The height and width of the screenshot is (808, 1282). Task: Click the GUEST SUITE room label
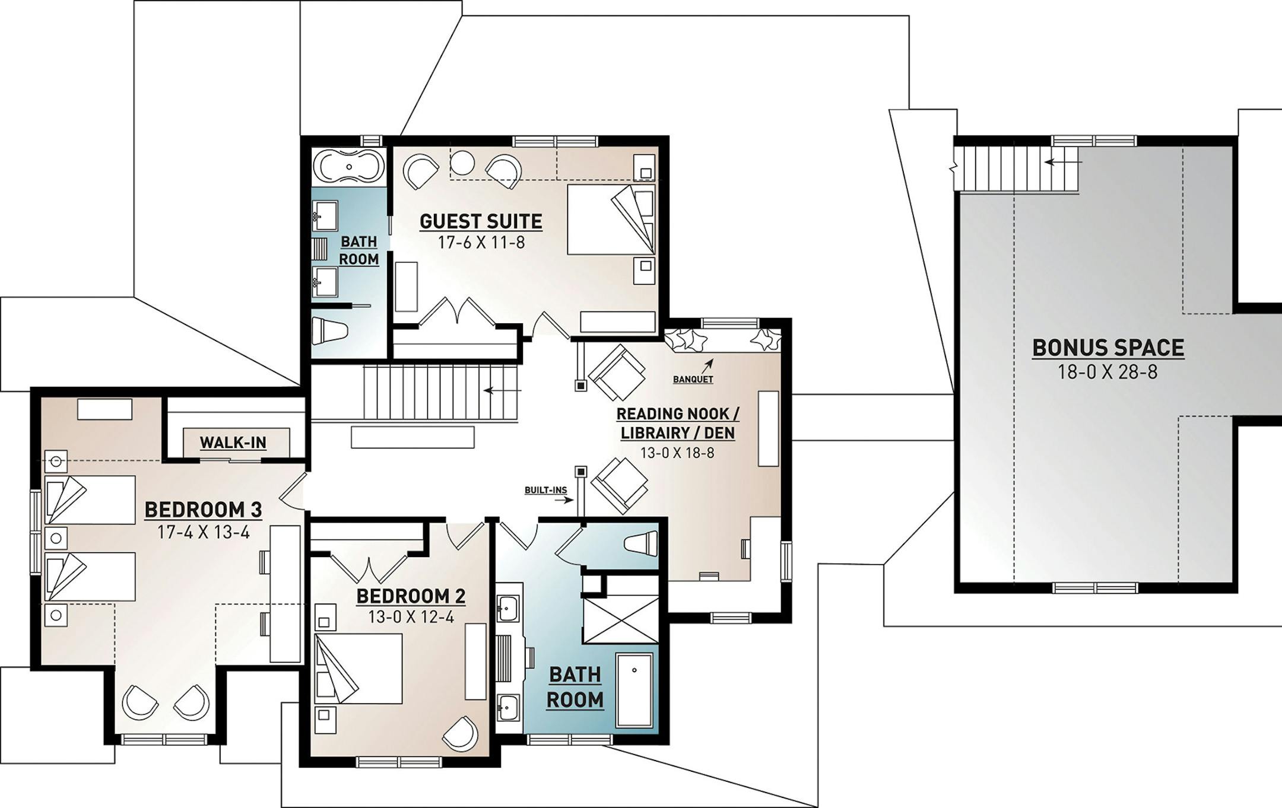pyautogui.click(x=481, y=221)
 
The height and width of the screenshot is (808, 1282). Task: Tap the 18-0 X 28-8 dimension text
pyautogui.click(x=1108, y=373)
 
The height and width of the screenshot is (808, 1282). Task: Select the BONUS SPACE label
pyautogui.click(x=1108, y=348)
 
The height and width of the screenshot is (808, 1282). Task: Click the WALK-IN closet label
pyautogui.click(x=233, y=443)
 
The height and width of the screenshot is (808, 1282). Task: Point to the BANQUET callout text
pyautogui.click(x=693, y=379)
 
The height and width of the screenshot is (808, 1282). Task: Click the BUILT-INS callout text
pyautogui.click(x=545, y=491)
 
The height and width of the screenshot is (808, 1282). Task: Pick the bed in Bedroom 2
pyautogui.click(x=358, y=669)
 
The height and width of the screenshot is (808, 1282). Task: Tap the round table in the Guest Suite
pyautogui.click(x=462, y=161)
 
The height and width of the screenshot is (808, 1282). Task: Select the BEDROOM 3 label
pyautogui.click(x=203, y=510)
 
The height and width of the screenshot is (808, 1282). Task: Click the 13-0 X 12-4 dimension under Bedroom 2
pyautogui.click(x=411, y=617)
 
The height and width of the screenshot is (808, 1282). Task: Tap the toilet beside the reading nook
pyautogui.click(x=641, y=543)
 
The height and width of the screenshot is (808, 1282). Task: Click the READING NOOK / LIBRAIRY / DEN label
pyautogui.click(x=678, y=424)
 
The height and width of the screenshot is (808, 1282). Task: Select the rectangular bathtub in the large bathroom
pyautogui.click(x=634, y=690)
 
